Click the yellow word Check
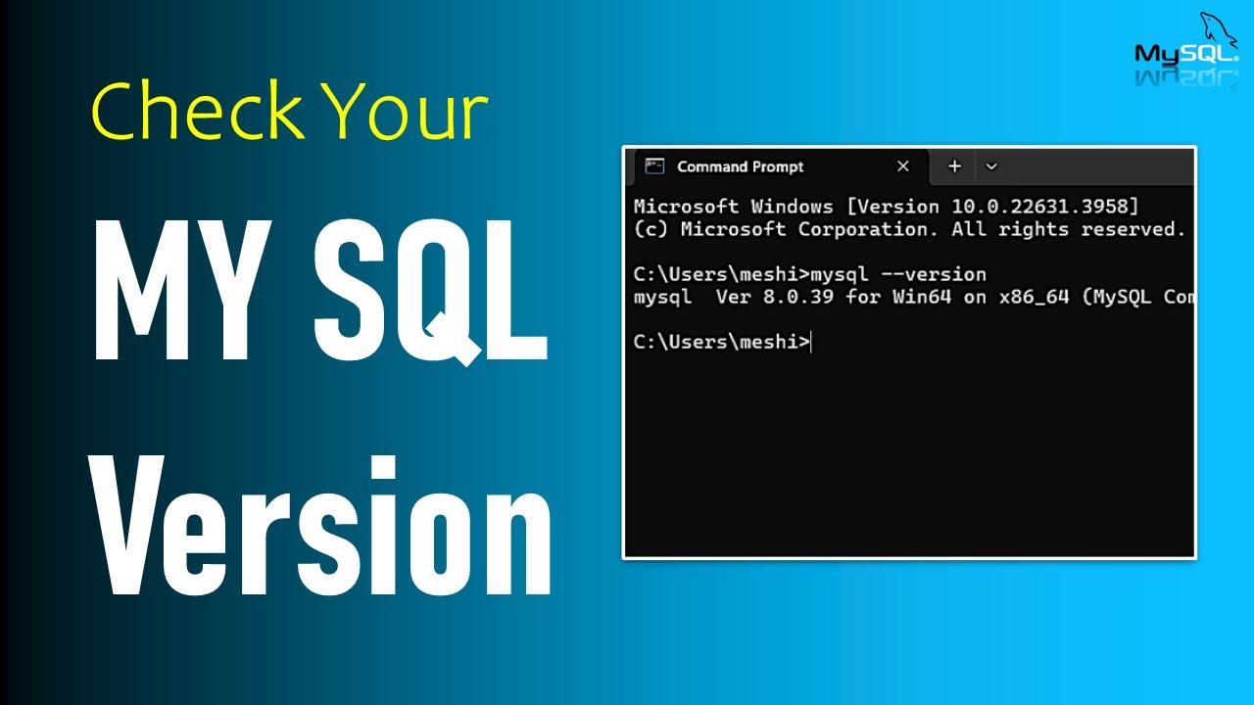coord(197,111)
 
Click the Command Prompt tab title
coord(740,166)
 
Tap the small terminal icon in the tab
coord(655,166)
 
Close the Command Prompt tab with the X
coord(903,166)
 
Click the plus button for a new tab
coord(954,166)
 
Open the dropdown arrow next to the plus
coord(991,166)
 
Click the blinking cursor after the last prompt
coord(812,342)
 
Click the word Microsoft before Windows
coord(687,207)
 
